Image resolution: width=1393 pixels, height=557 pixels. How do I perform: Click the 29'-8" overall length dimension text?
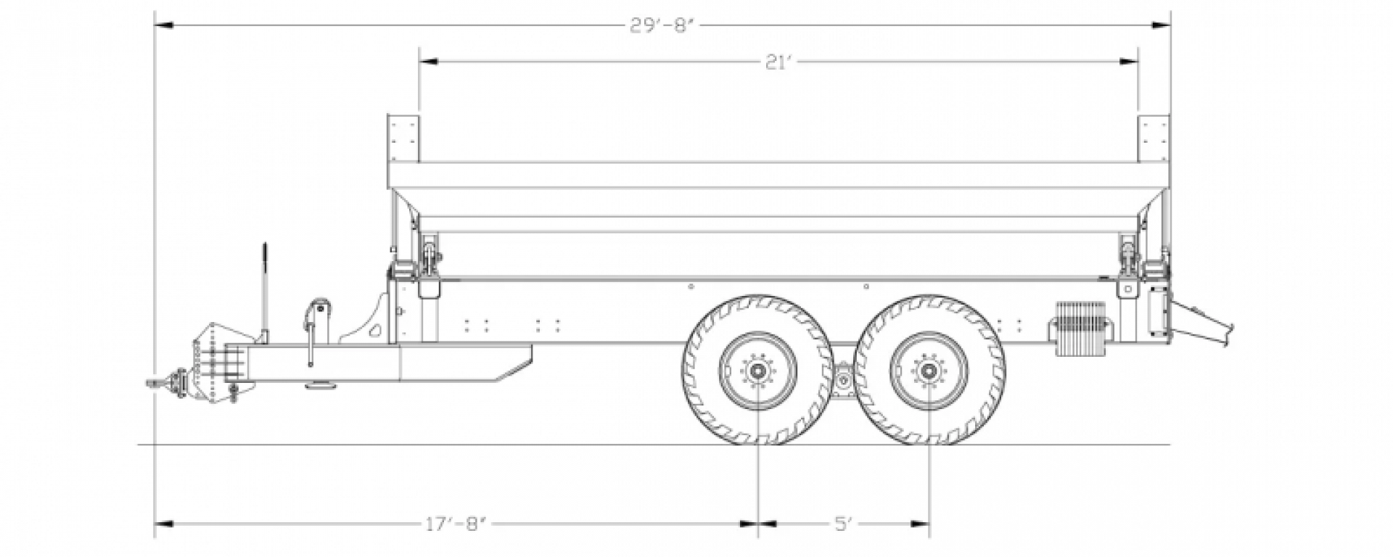coord(662,26)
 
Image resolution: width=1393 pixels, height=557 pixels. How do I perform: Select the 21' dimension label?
coord(777,63)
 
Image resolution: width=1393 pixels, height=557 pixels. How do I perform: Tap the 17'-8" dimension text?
coord(456,522)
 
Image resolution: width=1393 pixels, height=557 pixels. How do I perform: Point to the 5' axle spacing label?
coord(842,522)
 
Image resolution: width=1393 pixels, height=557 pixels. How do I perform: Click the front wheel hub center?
coord(757,371)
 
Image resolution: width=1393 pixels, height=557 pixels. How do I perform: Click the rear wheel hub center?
coord(928,371)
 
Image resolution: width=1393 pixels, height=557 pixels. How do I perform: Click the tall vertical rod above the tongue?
coord(266,290)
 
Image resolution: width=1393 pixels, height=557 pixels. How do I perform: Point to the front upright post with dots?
coord(403,138)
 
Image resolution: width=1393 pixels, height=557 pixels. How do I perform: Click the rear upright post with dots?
coord(1153,138)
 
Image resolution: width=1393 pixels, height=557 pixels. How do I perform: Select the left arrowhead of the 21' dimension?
coord(428,63)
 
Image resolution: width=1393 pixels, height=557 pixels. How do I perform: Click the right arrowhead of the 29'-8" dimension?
coord(1162,26)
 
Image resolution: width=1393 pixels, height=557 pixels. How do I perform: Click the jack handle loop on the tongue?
coord(318,308)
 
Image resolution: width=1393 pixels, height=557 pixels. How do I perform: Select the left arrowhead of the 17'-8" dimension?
coord(164,522)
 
